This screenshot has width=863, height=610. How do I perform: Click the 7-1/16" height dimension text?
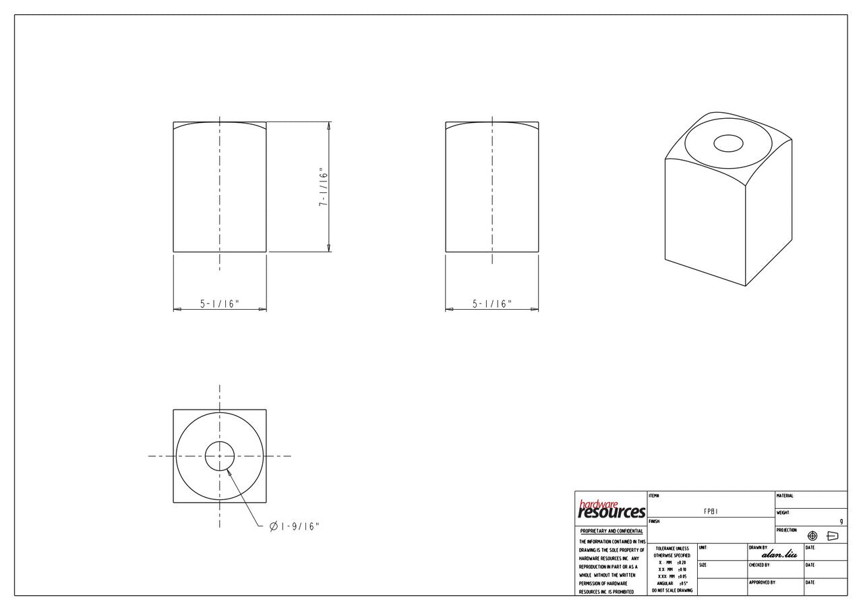(324, 188)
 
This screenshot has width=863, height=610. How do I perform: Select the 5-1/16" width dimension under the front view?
(220, 304)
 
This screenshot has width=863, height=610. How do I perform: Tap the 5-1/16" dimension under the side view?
(492, 304)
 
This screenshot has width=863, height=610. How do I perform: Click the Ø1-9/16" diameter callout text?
(294, 526)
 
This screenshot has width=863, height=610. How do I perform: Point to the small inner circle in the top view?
(219, 457)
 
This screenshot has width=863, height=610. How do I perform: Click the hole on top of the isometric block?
(727, 143)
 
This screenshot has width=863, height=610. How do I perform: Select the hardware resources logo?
(611, 509)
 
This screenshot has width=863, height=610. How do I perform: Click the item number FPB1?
(711, 511)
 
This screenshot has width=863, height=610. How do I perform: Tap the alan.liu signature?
(779, 555)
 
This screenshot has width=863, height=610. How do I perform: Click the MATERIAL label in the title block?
(785, 496)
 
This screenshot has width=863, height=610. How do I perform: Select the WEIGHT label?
(783, 513)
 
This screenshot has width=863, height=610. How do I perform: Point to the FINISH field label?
(653, 522)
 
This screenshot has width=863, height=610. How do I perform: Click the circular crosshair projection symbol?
(812, 536)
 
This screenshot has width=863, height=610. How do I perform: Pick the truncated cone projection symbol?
(832, 536)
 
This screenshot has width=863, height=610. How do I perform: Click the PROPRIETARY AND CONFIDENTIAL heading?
(611, 531)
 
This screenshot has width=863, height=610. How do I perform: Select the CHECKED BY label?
(759, 565)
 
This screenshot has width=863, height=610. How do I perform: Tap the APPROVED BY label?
(762, 582)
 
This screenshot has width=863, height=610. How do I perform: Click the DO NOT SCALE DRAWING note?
(672, 590)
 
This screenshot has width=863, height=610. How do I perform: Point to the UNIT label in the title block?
(703, 547)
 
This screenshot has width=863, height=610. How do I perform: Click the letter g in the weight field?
(841, 521)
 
